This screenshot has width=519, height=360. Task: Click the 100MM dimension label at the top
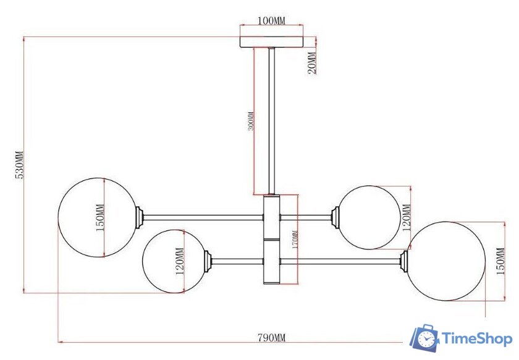click(x=271, y=21)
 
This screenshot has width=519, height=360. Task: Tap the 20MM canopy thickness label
click(x=312, y=63)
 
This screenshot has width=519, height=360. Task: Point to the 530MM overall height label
click(x=19, y=165)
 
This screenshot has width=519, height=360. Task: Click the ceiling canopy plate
click(x=271, y=41)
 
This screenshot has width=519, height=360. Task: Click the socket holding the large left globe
click(x=140, y=216)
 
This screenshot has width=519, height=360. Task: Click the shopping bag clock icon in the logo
click(x=424, y=337)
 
